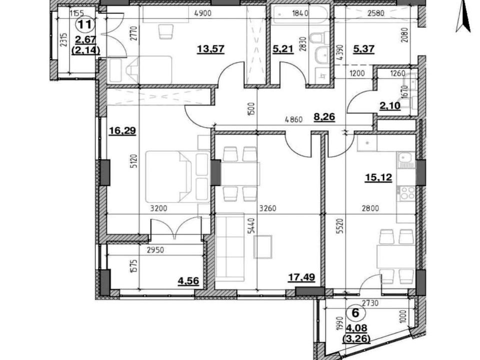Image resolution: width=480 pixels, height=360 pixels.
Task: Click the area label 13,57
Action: (211, 48)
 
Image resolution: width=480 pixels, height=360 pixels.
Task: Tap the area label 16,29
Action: (122, 131)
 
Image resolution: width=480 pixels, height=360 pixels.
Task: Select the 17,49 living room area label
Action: (301, 277)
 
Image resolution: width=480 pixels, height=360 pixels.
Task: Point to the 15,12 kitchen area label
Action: (378, 177)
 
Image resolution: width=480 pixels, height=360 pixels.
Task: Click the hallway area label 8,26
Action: (324, 116)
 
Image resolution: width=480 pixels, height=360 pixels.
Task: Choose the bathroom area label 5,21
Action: (283, 48)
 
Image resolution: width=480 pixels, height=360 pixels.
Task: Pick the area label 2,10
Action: (390, 106)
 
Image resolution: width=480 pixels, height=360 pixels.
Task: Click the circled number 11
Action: (85, 24)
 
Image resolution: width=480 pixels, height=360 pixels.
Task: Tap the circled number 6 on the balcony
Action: (355, 313)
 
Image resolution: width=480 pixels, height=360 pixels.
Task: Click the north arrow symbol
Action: (463, 19)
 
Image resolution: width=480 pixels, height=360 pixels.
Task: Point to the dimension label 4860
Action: (293, 119)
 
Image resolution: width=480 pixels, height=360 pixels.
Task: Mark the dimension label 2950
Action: (155, 250)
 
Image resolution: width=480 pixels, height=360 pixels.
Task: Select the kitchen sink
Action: (406, 159)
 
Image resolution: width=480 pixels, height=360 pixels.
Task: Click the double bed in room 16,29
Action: (177, 176)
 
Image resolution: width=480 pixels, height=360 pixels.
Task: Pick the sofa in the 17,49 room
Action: (230, 247)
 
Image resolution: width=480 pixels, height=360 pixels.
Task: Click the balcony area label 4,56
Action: (188, 280)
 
